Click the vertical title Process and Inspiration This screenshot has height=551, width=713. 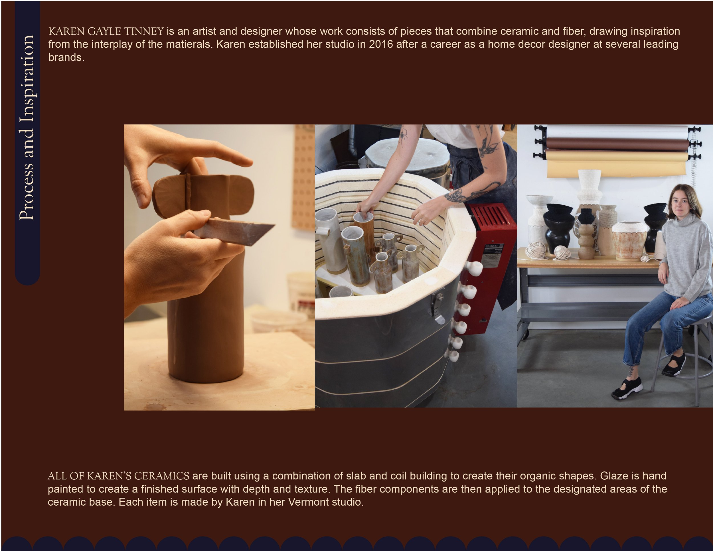tap(27, 127)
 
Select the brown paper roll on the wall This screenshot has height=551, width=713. tap(617, 144)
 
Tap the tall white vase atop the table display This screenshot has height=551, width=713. tap(589, 186)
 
